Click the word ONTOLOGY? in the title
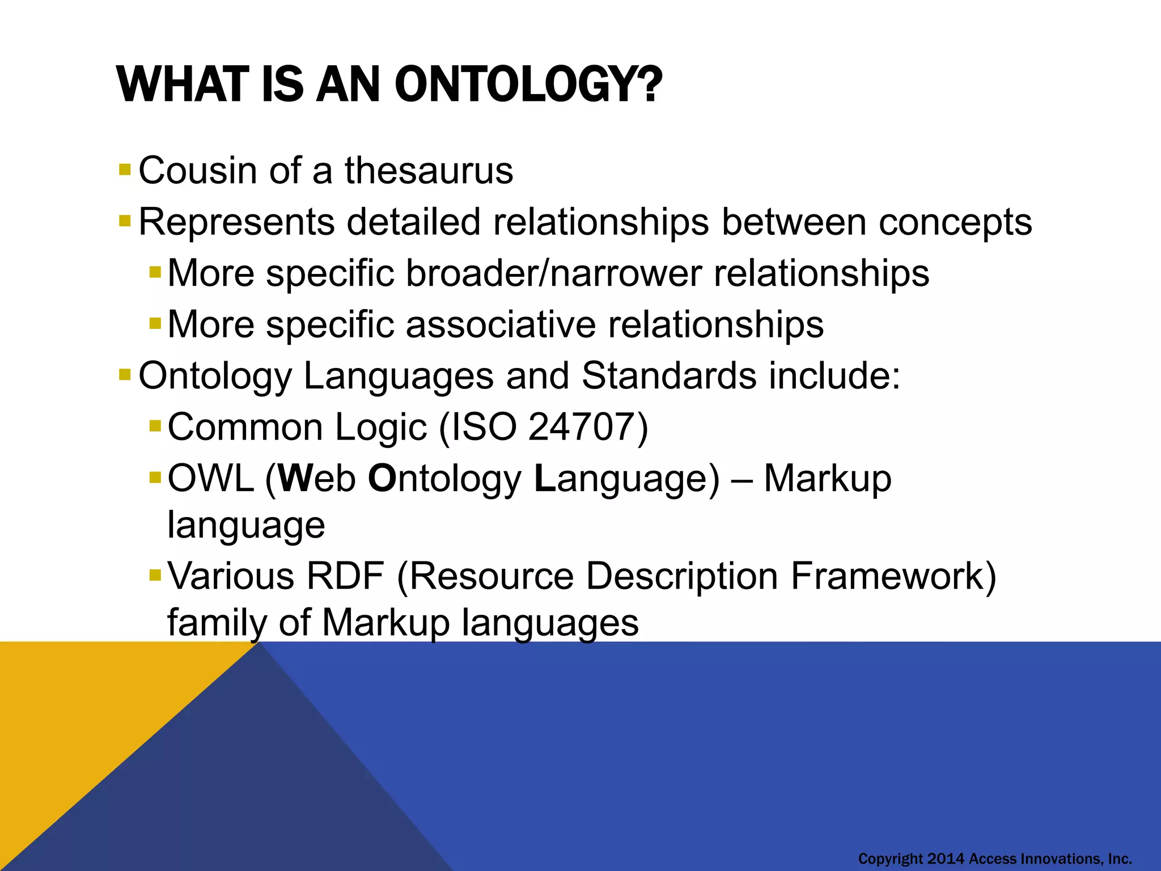click(527, 85)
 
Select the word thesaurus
click(429, 170)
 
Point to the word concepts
click(955, 222)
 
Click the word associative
click(501, 325)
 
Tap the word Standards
click(669, 376)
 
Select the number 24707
click(581, 427)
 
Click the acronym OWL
click(211, 479)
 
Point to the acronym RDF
click(345, 576)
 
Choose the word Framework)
click(893, 576)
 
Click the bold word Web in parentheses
click(317, 479)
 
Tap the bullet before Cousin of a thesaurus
click(125, 170)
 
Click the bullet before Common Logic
click(155, 426)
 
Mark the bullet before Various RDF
click(155, 576)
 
